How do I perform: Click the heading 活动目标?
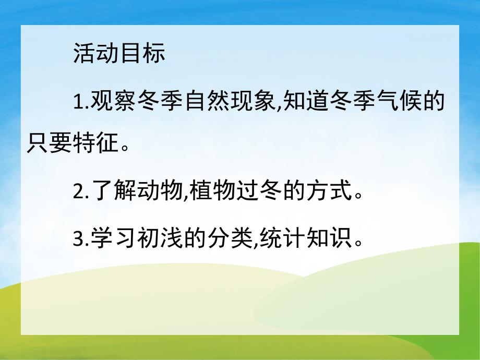coord(119,53)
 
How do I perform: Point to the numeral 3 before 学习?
coord(78,239)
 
